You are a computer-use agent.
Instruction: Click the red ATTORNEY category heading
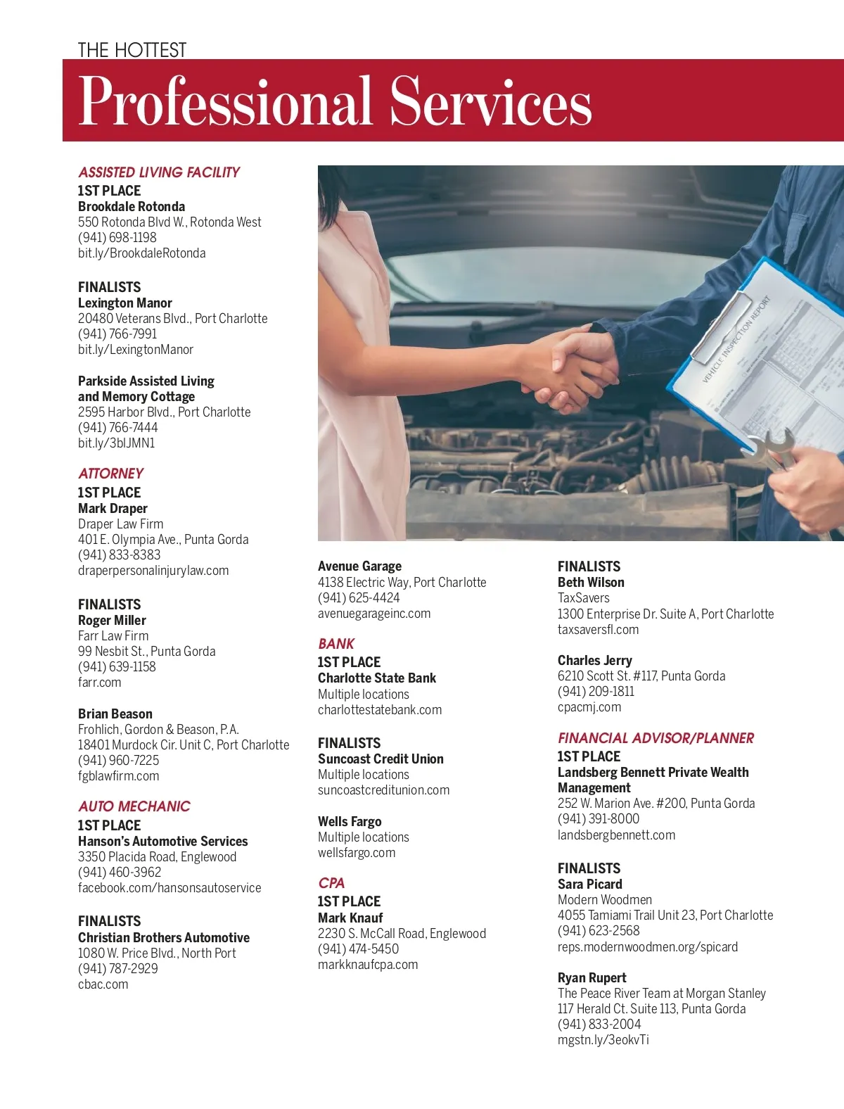(x=110, y=474)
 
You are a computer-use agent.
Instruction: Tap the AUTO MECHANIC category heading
(x=134, y=806)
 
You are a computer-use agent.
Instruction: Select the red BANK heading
(x=336, y=644)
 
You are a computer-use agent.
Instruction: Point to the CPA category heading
(x=331, y=883)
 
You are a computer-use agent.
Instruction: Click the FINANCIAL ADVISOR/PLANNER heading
(x=656, y=738)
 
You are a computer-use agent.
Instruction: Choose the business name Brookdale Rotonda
(x=132, y=206)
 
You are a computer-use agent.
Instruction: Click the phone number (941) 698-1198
(x=117, y=237)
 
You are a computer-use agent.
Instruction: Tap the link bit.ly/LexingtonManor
(x=135, y=350)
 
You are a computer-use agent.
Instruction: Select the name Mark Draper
(x=113, y=508)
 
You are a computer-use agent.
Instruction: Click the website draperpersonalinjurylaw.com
(x=153, y=571)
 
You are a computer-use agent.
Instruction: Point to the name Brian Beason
(x=115, y=714)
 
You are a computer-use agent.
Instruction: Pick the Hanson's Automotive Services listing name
(x=162, y=841)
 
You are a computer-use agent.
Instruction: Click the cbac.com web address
(x=103, y=984)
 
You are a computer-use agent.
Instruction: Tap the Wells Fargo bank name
(x=350, y=821)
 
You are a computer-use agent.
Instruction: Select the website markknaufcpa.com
(x=367, y=965)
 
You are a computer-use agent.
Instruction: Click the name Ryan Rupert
(x=592, y=977)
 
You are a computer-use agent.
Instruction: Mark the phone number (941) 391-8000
(x=599, y=819)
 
